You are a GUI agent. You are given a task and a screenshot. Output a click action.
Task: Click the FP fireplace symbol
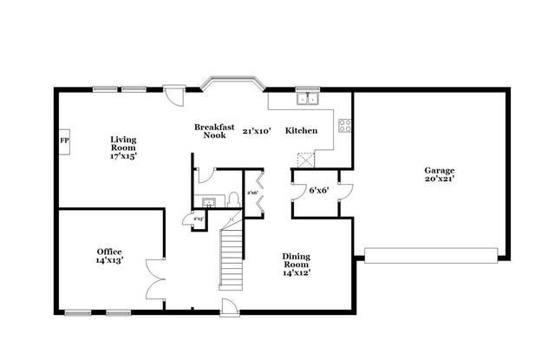[x=64, y=140]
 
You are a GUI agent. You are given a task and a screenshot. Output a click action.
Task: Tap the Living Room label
[x=123, y=147]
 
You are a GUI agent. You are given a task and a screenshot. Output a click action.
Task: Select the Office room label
[x=109, y=256]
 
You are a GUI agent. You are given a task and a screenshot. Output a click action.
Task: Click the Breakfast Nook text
[x=214, y=131]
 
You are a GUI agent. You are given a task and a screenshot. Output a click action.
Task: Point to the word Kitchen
[x=301, y=131]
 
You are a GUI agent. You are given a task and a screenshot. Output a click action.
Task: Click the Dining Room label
[x=297, y=264]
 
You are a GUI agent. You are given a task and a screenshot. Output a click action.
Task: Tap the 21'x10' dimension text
[x=258, y=131]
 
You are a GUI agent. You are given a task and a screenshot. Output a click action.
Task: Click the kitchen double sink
[x=307, y=99]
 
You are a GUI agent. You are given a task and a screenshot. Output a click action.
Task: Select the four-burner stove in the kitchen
[x=344, y=125]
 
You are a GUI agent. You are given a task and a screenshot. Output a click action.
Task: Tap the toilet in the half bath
[x=233, y=200]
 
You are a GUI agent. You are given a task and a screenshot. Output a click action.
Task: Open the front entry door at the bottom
[x=227, y=307]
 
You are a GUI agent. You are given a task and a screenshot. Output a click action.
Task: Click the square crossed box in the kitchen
[x=305, y=160]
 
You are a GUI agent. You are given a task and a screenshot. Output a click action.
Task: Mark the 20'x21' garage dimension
[x=440, y=180]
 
